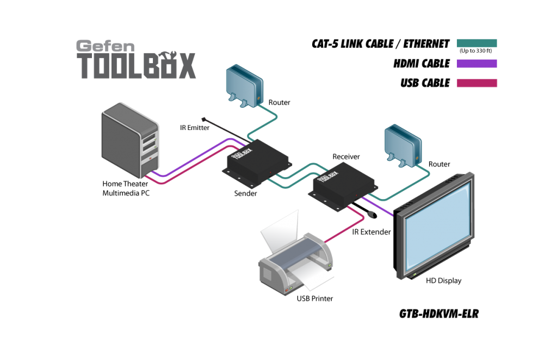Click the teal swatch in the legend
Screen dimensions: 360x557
[476, 43]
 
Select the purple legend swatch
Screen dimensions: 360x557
[476, 64]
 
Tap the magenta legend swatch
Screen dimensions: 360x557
[476, 83]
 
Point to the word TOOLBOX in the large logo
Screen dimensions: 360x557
[137, 66]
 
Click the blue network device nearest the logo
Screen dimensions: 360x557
[245, 85]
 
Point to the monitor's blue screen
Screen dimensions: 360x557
[435, 223]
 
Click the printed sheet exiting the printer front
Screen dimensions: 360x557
[310, 277]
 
